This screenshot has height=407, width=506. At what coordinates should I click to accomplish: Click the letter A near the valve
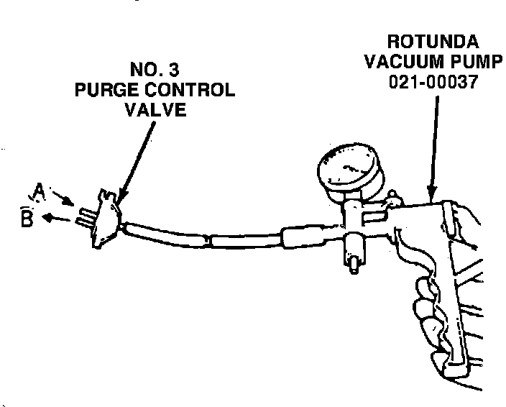coord(40,191)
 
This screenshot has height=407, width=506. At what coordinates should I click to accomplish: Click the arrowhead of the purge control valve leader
coord(121,196)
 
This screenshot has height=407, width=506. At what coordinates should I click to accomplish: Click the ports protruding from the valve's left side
coord(84,216)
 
